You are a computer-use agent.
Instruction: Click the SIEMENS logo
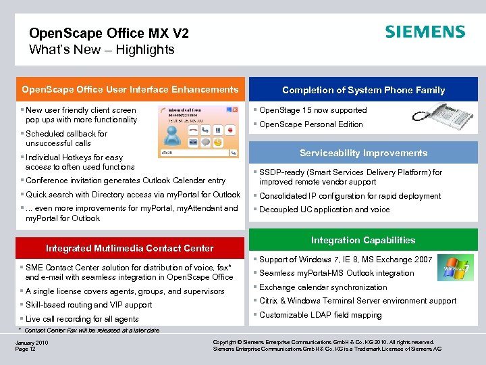pos(425,32)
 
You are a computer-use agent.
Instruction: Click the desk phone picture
pos(441,116)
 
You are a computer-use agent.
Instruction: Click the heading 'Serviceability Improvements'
pos(364,153)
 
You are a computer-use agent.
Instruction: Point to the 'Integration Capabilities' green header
pos(363,240)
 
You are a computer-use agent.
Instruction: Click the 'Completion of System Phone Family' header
pos(363,90)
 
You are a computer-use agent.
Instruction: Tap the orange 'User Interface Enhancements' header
pos(130,89)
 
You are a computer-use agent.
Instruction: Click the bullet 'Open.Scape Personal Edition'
pos(311,124)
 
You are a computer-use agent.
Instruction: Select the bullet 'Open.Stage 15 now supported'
pos(313,110)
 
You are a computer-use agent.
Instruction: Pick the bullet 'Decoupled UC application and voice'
pos(325,210)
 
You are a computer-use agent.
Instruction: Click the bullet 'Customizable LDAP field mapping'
pos(321,315)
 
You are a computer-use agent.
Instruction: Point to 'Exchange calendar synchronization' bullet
pos(323,287)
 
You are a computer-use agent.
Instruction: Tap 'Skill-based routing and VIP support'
pos(88,305)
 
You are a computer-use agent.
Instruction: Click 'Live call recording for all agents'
pos(82,319)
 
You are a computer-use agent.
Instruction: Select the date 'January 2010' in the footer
pos(31,342)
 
